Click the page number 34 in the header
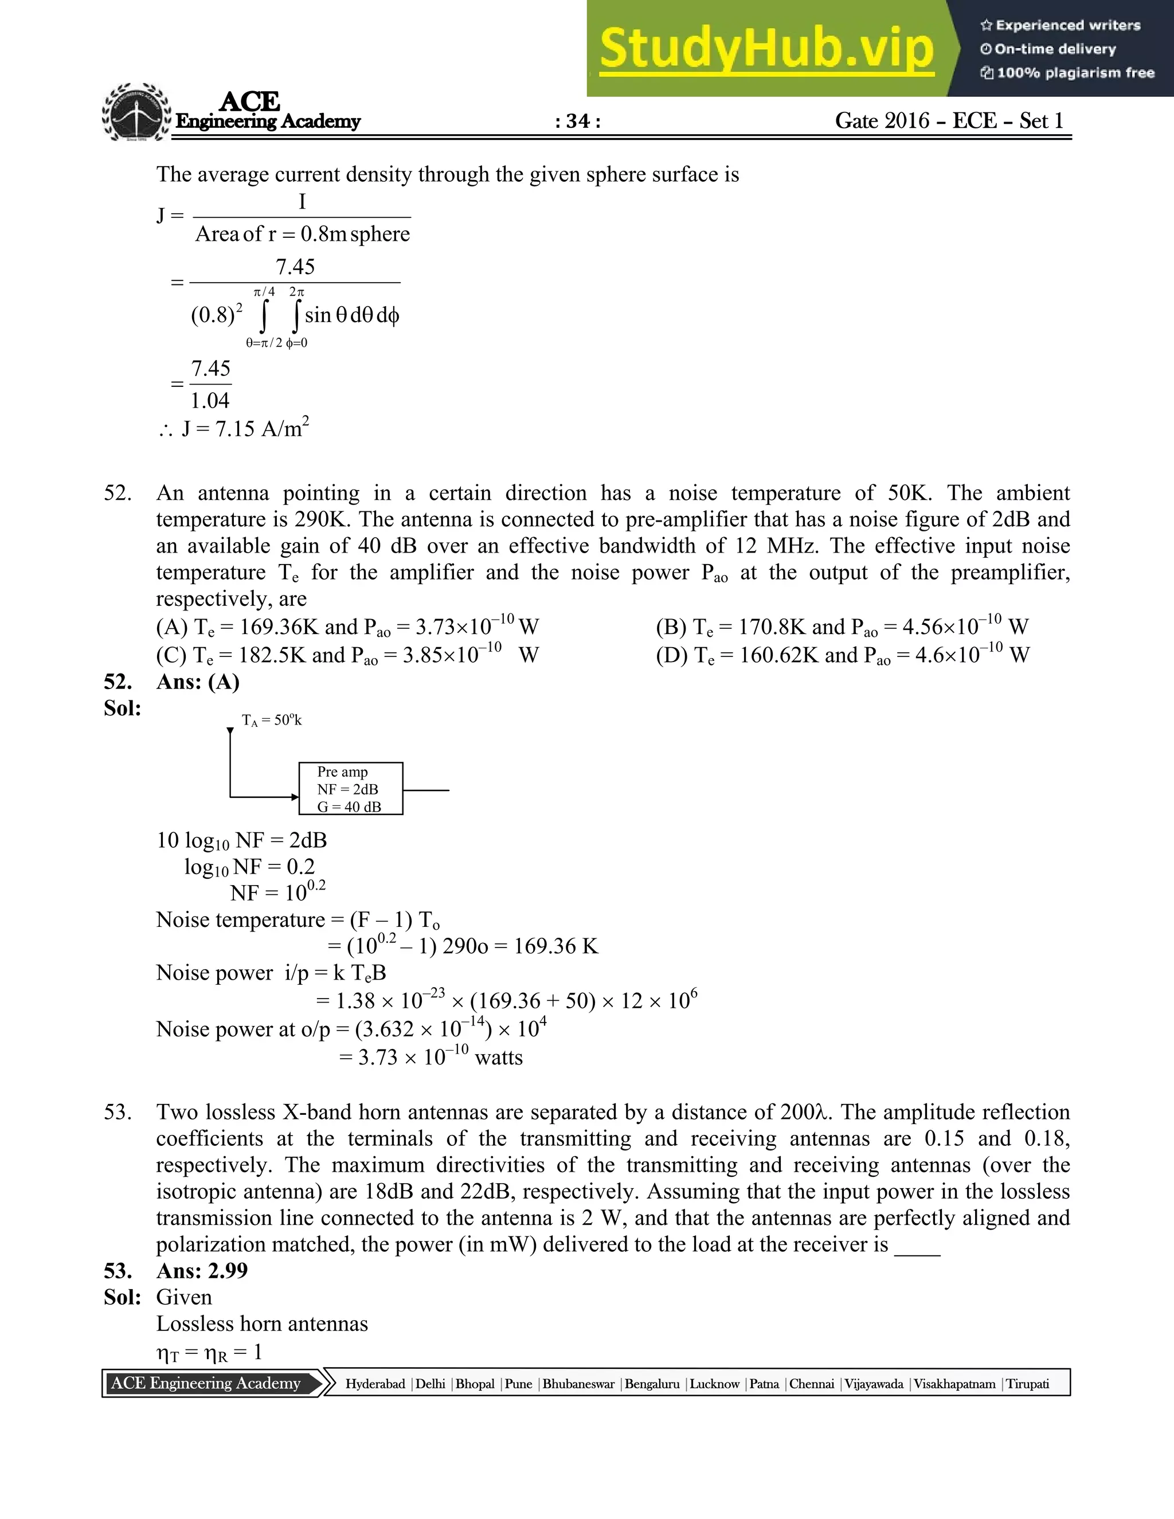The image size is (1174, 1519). click(x=578, y=122)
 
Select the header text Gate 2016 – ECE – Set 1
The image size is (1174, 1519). click(x=949, y=121)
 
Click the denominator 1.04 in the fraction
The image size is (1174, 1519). click(x=210, y=401)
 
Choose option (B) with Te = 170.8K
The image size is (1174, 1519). click(x=842, y=627)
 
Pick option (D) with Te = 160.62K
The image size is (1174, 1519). click(x=842, y=655)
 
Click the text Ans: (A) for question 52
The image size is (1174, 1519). click(x=198, y=682)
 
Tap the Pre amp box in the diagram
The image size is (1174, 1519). click(x=350, y=789)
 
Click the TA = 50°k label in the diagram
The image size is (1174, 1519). click(x=271, y=721)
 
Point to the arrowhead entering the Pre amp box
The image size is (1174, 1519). click(x=294, y=797)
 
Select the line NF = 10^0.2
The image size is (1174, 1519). click(x=277, y=892)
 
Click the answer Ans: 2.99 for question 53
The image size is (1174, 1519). click(x=202, y=1271)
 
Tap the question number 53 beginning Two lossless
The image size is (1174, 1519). click(x=118, y=1112)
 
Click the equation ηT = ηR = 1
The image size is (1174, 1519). click(x=209, y=1352)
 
